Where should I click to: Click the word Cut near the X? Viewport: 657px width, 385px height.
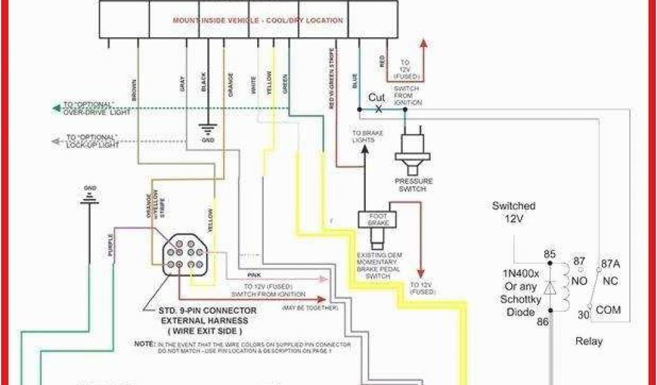tap(376, 98)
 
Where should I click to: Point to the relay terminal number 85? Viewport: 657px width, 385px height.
tap(549, 255)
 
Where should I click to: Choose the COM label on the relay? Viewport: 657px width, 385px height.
tap(608, 310)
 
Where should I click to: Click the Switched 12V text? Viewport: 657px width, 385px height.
tap(513, 212)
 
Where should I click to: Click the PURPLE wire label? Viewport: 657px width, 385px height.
tap(110, 246)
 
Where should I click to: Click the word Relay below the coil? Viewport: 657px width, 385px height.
tap(588, 341)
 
